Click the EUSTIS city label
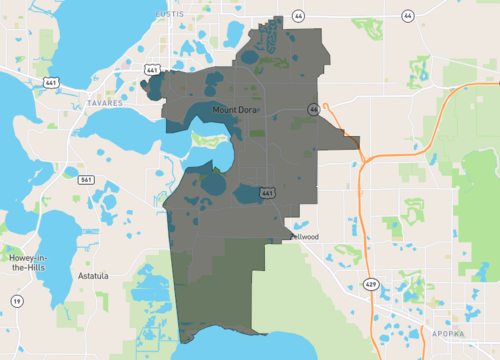(x=171, y=14)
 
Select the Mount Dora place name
(x=235, y=108)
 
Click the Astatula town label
(x=94, y=272)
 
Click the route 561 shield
(x=87, y=180)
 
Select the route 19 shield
(x=17, y=300)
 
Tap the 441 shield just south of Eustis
(x=152, y=70)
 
